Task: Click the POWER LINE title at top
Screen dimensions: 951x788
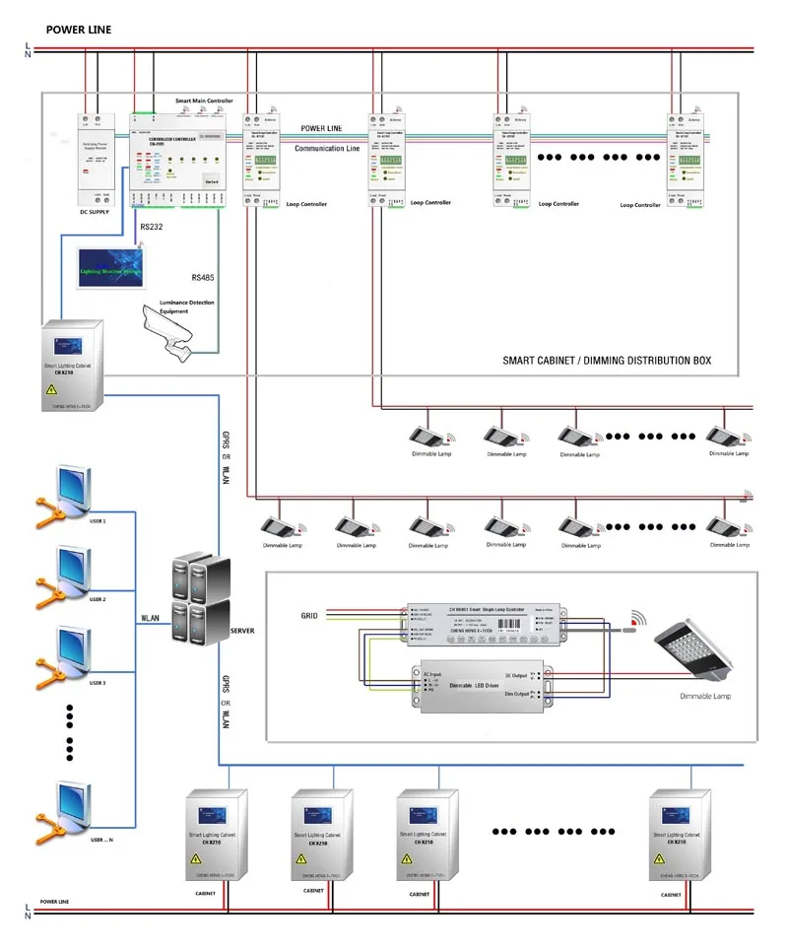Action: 78,31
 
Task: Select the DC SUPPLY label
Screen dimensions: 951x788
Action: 98,212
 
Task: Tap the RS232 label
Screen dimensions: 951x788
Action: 153,227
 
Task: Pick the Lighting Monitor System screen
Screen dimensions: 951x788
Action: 108,265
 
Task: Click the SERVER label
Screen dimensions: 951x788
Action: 243,629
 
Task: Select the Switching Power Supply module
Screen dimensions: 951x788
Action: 98,158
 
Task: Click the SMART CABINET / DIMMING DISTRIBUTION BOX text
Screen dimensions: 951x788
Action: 607,362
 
